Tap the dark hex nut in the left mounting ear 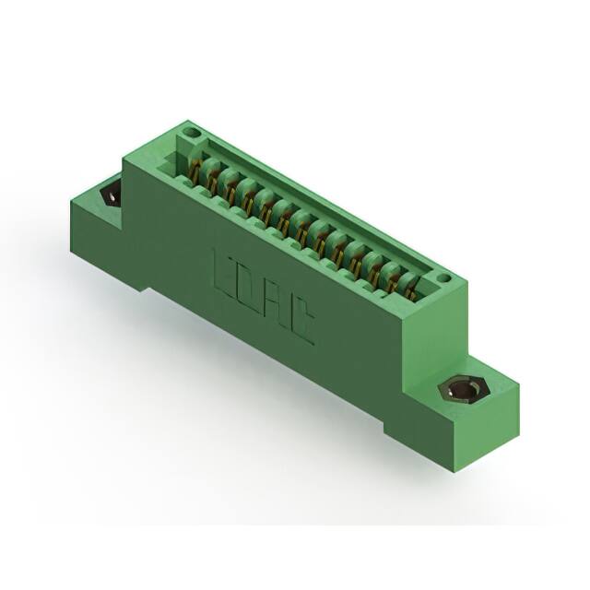click(x=111, y=194)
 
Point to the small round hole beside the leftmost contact click(x=193, y=134)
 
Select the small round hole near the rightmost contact click(x=443, y=275)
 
